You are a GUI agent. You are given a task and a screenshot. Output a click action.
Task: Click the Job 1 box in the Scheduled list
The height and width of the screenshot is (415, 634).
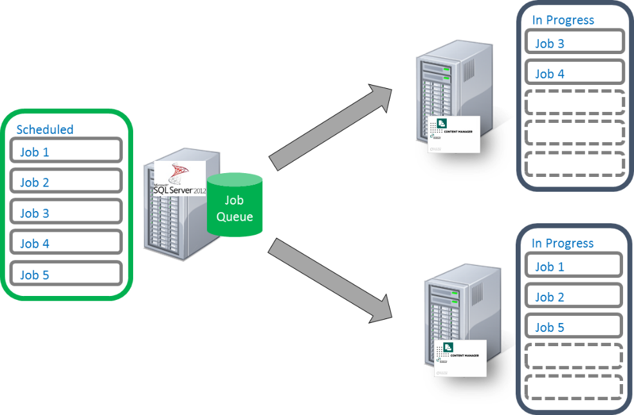(x=66, y=151)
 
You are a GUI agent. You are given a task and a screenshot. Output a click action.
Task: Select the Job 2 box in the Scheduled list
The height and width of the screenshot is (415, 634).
(x=66, y=181)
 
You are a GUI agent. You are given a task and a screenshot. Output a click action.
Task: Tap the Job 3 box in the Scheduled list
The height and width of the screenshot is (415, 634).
(x=66, y=212)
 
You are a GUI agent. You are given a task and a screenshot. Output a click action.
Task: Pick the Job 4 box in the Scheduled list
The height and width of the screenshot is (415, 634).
(x=66, y=242)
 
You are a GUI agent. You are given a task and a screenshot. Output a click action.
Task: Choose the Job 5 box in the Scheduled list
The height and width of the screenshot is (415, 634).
(x=66, y=273)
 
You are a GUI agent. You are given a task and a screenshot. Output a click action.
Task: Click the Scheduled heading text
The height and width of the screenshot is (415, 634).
(x=45, y=129)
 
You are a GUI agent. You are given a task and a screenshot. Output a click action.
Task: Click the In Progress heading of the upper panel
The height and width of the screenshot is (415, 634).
(x=563, y=20)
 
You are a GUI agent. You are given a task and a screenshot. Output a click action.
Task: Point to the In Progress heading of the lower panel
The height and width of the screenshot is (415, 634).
(x=563, y=243)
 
